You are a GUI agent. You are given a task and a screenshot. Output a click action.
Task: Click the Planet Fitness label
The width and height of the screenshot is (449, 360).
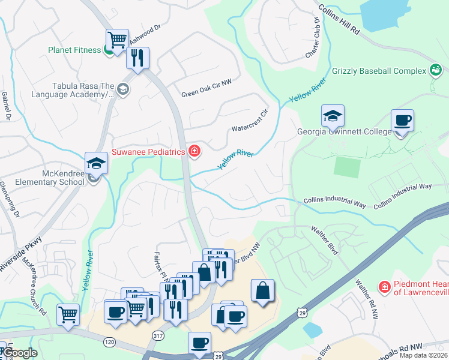point(74,50)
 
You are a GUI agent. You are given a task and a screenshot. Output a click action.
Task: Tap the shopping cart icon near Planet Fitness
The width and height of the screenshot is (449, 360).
point(118,40)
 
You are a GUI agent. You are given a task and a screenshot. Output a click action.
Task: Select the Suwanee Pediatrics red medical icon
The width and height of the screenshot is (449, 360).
point(194,151)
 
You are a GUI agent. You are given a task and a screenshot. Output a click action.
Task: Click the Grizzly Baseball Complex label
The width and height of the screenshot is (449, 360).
point(378,71)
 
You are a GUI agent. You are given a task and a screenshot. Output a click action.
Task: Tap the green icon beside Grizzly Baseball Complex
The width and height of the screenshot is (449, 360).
point(435,71)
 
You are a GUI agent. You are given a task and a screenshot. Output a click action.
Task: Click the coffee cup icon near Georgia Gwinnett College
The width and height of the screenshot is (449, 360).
point(402,121)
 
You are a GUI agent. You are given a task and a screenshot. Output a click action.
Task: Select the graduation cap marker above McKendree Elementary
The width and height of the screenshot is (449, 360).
point(96,163)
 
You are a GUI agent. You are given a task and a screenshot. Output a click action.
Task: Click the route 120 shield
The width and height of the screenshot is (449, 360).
point(109,341)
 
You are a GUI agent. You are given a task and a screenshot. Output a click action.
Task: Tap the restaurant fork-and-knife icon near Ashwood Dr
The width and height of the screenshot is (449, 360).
point(137,58)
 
